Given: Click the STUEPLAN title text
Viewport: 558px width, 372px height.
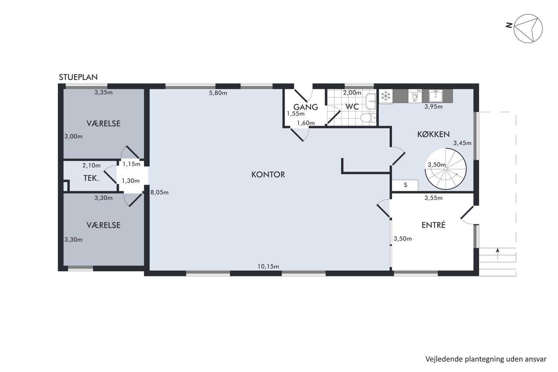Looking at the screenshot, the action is (78, 77).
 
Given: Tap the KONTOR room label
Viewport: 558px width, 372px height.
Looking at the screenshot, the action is (268, 174).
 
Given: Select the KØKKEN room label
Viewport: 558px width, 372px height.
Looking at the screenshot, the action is (434, 134).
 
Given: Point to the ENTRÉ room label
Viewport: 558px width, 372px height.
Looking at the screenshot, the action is (434, 225).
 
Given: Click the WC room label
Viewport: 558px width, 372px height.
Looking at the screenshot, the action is (352, 106).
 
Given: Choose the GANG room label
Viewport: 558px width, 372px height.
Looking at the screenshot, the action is (306, 107).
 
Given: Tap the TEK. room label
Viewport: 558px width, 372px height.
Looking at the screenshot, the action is (91, 178).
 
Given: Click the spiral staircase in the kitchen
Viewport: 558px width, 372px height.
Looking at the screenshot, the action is (446, 169).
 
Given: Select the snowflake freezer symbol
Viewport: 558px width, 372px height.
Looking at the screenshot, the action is (386, 96).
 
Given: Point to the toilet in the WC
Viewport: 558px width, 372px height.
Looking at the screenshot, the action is (368, 118).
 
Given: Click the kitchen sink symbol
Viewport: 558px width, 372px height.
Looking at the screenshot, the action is (436, 96).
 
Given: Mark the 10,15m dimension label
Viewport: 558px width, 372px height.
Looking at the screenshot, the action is (268, 266).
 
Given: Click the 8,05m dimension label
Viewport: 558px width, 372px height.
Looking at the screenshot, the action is (159, 192).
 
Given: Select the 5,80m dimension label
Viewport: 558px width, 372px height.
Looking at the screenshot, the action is (218, 93).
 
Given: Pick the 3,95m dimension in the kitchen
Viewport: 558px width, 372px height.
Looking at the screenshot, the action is (434, 106).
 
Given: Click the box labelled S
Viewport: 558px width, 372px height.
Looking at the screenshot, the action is (405, 185).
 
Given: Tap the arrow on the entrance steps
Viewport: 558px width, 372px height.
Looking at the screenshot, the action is (498, 254).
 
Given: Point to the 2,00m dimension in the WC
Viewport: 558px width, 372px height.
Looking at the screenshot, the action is (352, 93).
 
